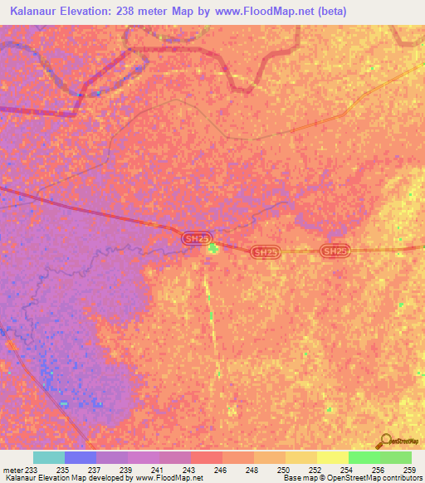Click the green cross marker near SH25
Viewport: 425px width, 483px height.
click(x=213, y=248)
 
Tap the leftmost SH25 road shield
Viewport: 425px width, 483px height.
click(x=194, y=238)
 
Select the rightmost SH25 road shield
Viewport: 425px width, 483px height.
click(x=335, y=251)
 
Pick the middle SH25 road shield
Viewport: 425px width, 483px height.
click(x=263, y=251)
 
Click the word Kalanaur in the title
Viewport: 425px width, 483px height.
click(x=38, y=12)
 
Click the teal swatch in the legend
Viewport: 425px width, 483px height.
click(x=49, y=457)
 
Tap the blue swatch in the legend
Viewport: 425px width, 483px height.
click(x=81, y=457)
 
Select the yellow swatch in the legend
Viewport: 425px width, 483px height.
click(x=332, y=457)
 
